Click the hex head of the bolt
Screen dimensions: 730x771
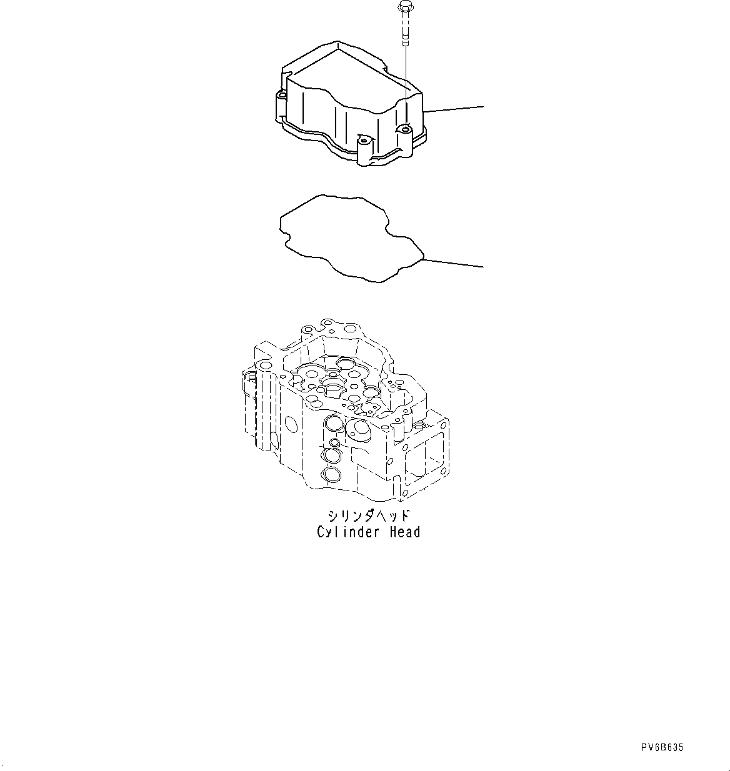point(402,7)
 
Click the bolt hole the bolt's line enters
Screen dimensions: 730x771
point(405,130)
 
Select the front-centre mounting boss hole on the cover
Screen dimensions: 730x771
point(362,137)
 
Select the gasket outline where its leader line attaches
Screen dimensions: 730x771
point(424,259)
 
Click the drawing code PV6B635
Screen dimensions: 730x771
point(662,747)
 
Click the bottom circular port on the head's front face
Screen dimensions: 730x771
point(331,475)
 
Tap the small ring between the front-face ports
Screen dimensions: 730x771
point(334,443)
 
